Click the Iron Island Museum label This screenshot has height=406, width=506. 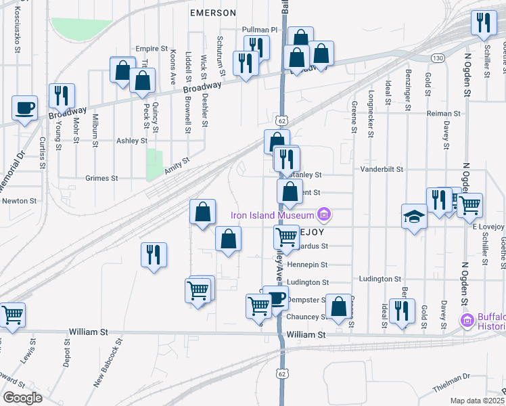(273, 216)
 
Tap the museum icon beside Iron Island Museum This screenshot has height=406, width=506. (324, 215)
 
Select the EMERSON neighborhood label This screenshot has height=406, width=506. (213, 13)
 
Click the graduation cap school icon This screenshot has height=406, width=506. (414, 217)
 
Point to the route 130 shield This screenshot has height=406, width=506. (438, 58)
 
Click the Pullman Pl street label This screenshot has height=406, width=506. (260, 30)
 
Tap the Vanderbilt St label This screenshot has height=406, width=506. (382, 169)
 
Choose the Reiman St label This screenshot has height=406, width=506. (444, 114)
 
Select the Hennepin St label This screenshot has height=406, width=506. (307, 265)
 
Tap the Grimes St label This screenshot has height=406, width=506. (101, 179)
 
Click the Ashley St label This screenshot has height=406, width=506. (132, 141)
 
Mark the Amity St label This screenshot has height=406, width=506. (177, 166)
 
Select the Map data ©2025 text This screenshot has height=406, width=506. (478, 401)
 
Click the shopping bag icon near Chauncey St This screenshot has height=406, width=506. (338, 307)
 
